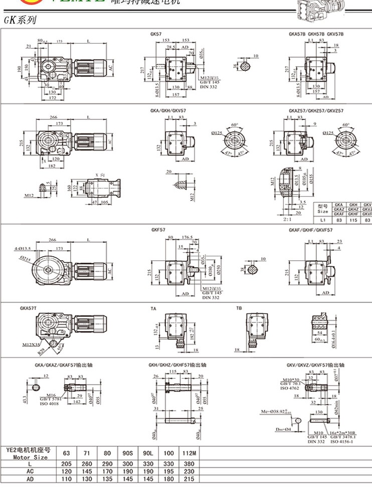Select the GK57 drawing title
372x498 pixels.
click(156, 34)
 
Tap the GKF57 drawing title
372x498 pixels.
click(158, 230)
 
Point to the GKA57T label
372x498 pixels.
click(30, 309)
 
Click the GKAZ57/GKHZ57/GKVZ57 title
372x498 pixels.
click(316, 110)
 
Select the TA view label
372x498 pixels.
click(153, 309)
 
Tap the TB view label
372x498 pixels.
click(239, 309)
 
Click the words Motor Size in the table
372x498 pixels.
click(30, 457)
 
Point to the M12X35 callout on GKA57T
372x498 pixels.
click(32, 345)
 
